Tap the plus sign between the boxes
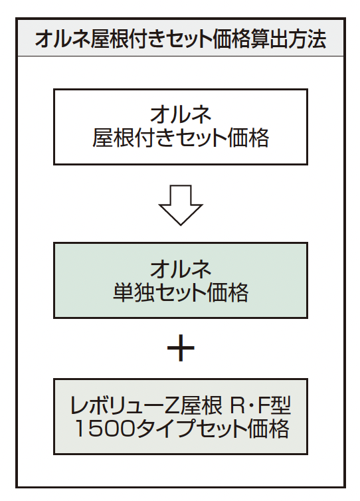(x=181, y=348)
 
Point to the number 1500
(x=105, y=429)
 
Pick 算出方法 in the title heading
(x=288, y=39)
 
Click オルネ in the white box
(x=181, y=114)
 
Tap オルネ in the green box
(x=181, y=268)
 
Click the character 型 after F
(x=280, y=405)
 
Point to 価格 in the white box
(x=248, y=138)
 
